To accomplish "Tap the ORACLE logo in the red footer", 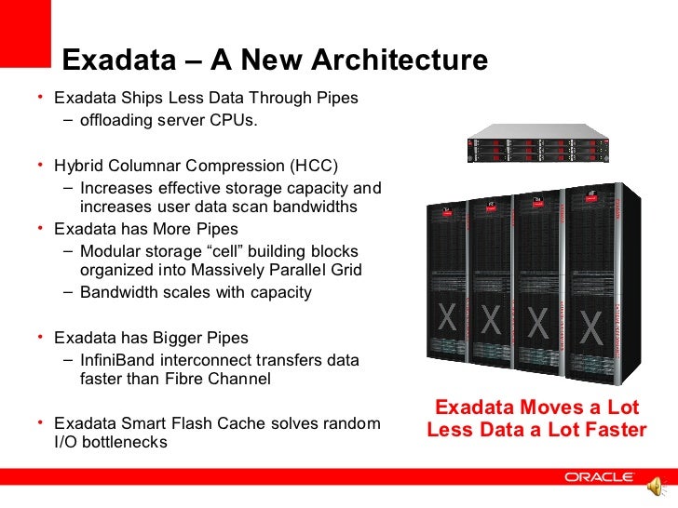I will tap(600, 477).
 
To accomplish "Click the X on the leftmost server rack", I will tap(448, 319).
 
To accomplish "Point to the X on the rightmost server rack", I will tap(591, 326).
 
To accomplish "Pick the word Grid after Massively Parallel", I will tap(343, 271).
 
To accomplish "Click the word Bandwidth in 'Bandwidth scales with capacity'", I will tap(119, 292).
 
